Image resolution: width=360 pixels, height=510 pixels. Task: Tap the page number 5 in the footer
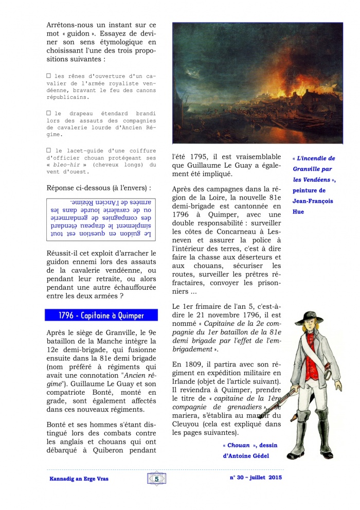tap(156, 479)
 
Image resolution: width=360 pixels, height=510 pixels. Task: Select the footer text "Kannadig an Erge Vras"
tap(79, 479)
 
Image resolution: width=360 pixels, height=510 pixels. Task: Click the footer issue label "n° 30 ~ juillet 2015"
tap(256, 478)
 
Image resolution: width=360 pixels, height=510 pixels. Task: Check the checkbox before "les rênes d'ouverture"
tap(49, 76)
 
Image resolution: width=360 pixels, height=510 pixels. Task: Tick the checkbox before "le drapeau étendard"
tap(49, 113)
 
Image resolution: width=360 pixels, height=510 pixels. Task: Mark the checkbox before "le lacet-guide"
tap(49, 150)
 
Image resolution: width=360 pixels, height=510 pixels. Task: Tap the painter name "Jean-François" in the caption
tap(313, 201)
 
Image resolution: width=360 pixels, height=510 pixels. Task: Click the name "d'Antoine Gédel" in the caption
tap(246, 456)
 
